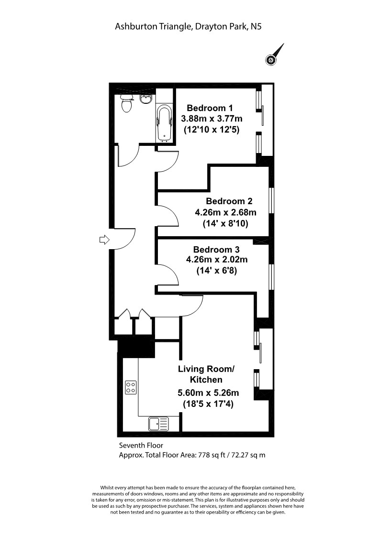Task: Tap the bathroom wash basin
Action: pos(145,99)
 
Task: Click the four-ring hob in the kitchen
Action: pos(131,387)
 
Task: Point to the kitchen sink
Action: pos(158,424)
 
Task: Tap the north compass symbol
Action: pos(274,55)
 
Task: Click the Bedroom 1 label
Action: pos(210,108)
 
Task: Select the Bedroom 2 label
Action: pos(229,201)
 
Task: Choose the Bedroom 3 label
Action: pos(216,249)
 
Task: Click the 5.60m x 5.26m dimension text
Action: pos(208,393)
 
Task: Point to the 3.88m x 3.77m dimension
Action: pos(212,119)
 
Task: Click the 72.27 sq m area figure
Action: pos(248,455)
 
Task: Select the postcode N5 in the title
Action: pos(256,26)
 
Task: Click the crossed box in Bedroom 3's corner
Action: pos(257,241)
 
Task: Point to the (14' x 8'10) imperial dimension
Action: pos(225,224)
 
